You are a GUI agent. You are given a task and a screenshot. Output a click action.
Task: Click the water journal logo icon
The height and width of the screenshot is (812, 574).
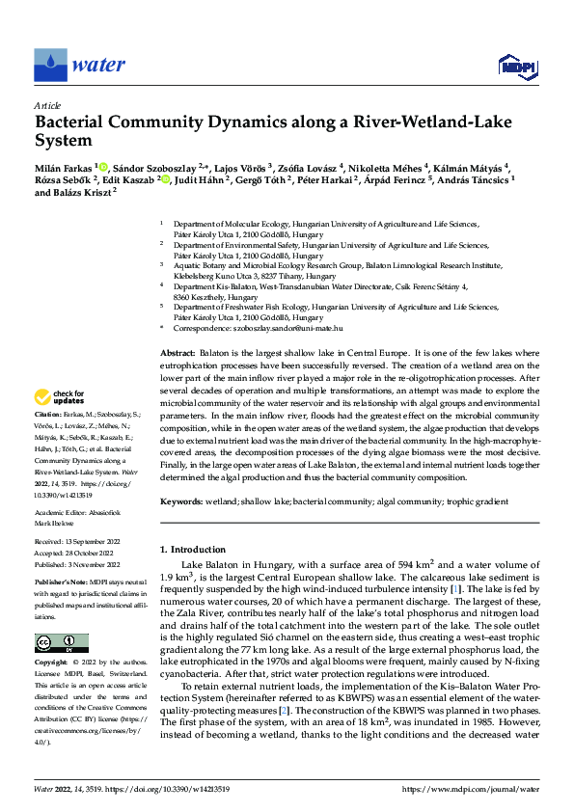click(x=50, y=65)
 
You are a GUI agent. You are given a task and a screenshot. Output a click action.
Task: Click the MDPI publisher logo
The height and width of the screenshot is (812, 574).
click(x=516, y=66)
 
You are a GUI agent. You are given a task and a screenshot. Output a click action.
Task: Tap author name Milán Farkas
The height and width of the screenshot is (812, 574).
click(x=64, y=167)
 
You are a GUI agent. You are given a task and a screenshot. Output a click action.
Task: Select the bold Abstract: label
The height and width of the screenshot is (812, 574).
click(x=178, y=356)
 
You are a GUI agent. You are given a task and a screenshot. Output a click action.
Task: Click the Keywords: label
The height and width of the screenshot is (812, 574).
click(x=181, y=501)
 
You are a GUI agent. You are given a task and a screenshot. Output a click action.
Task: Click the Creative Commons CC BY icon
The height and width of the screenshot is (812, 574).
click(x=61, y=644)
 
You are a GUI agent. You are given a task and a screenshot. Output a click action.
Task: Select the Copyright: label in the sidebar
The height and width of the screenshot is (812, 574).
click(x=52, y=663)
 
